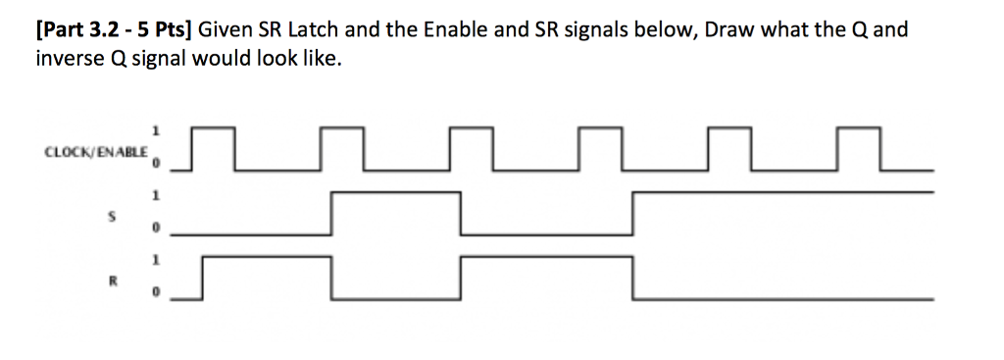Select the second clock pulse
344,148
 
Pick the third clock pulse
472,148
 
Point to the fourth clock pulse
600,148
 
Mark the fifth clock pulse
728,148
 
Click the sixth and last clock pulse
858,148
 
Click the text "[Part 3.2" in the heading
72,29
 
